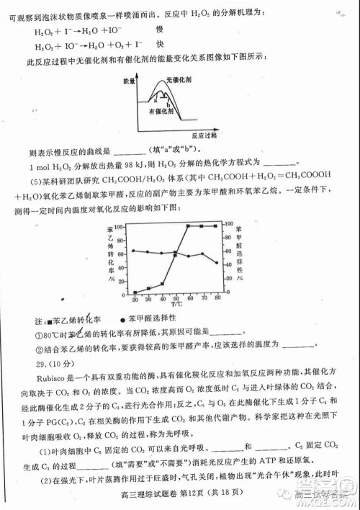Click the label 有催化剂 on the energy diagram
[161, 112]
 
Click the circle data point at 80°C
[217, 263]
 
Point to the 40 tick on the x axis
[163, 298]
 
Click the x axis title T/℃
[176, 306]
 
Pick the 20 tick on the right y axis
[229, 279]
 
